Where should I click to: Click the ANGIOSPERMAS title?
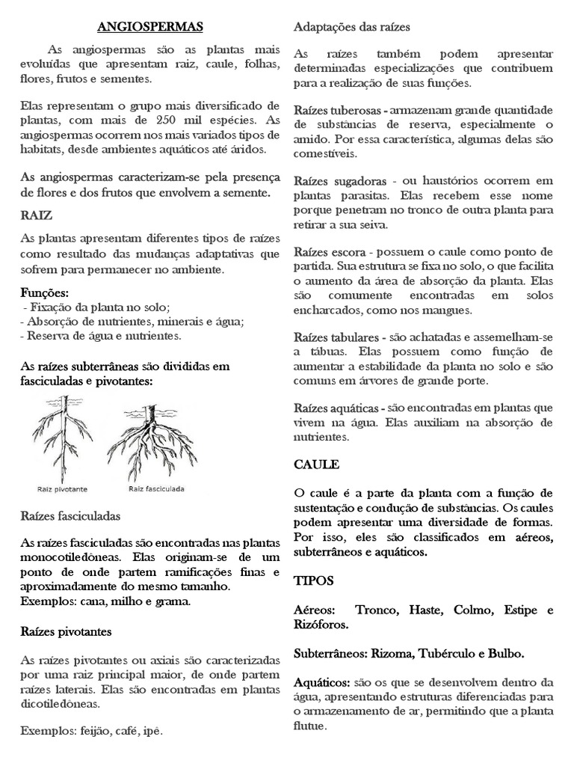click(x=150, y=28)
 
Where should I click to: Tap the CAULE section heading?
click(x=316, y=465)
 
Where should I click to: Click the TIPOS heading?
click(x=314, y=580)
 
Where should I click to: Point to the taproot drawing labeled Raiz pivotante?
click(x=60, y=441)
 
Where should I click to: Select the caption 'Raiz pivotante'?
click(x=63, y=489)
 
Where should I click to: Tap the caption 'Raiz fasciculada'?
click(x=156, y=489)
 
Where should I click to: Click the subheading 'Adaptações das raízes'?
click(x=351, y=27)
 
